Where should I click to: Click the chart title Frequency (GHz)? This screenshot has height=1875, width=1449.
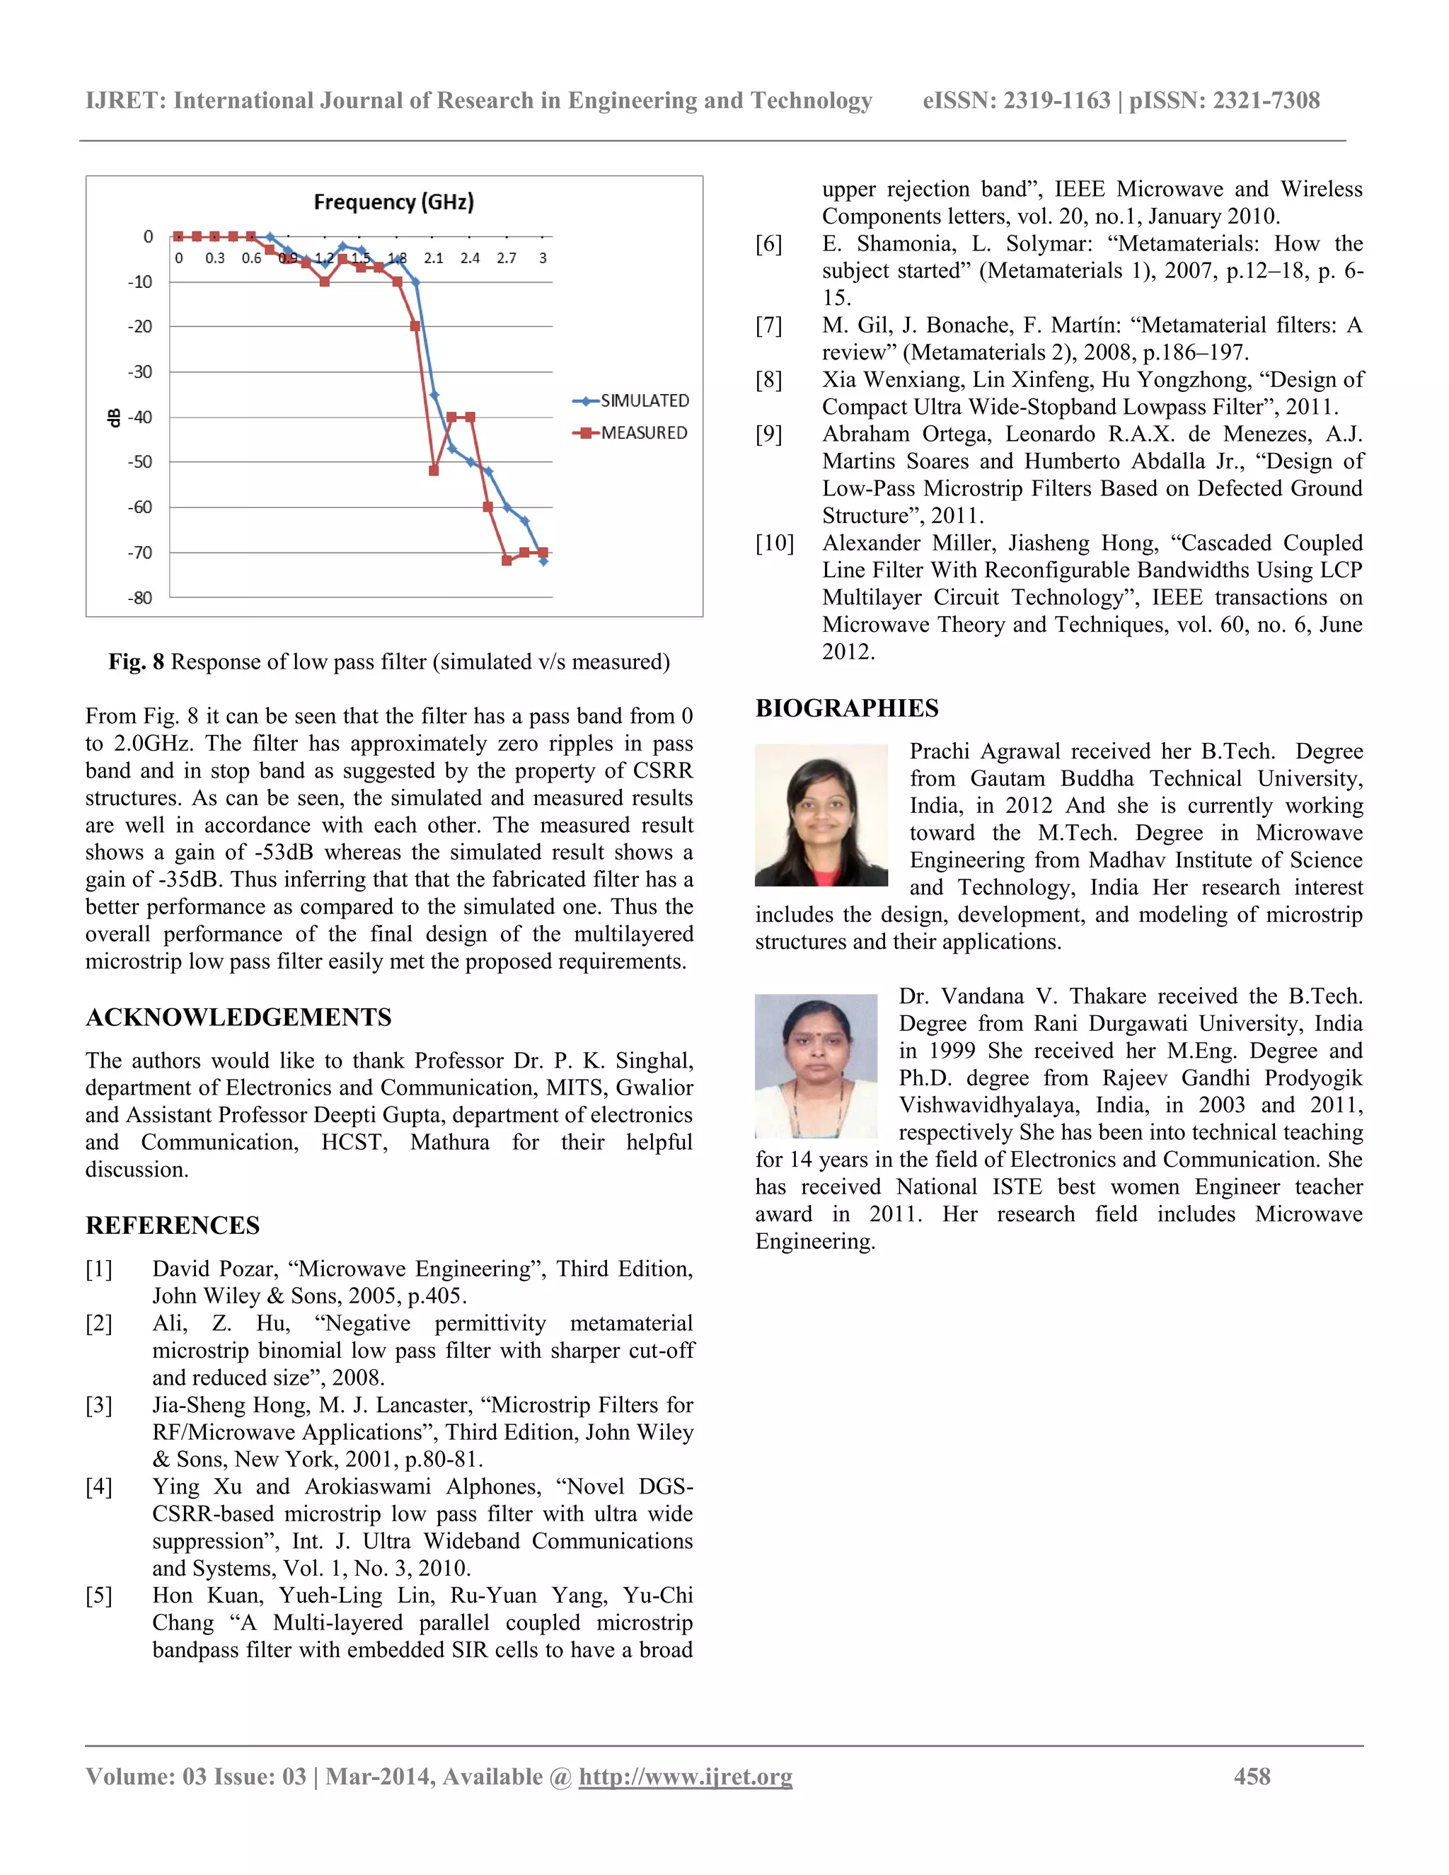pos(393,202)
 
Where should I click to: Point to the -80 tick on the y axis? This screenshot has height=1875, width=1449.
pos(140,598)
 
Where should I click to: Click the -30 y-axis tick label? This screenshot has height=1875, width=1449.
pos(140,371)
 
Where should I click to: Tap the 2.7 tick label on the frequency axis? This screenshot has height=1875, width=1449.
pos(507,258)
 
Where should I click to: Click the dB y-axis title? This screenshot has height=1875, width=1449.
pos(113,417)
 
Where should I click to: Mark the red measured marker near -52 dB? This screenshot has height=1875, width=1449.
pos(434,471)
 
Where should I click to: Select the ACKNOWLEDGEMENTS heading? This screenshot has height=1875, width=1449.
pos(238,1017)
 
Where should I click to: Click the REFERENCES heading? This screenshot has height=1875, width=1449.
pos(173,1225)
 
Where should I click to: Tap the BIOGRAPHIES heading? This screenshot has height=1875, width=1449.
pos(846,708)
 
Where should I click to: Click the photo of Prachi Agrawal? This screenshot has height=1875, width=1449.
pos(821,814)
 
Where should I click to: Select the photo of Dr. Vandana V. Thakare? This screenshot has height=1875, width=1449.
pos(816,1066)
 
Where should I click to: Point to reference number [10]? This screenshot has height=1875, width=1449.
pos(774,543)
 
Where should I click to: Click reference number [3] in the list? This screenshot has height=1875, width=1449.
pos(99,1404)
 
